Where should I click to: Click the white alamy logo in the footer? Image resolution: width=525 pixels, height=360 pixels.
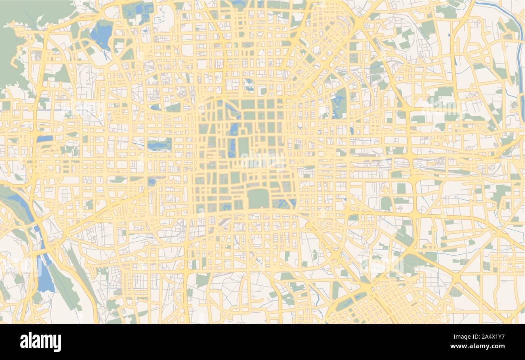click(40, 341)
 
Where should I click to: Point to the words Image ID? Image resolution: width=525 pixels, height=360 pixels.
click(461, 337)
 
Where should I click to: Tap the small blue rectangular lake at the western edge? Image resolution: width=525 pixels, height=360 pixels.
click(44, 139)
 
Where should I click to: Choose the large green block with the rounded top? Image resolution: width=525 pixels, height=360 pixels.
click(258, 198)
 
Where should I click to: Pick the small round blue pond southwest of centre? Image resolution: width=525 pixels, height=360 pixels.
click(151, 182)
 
